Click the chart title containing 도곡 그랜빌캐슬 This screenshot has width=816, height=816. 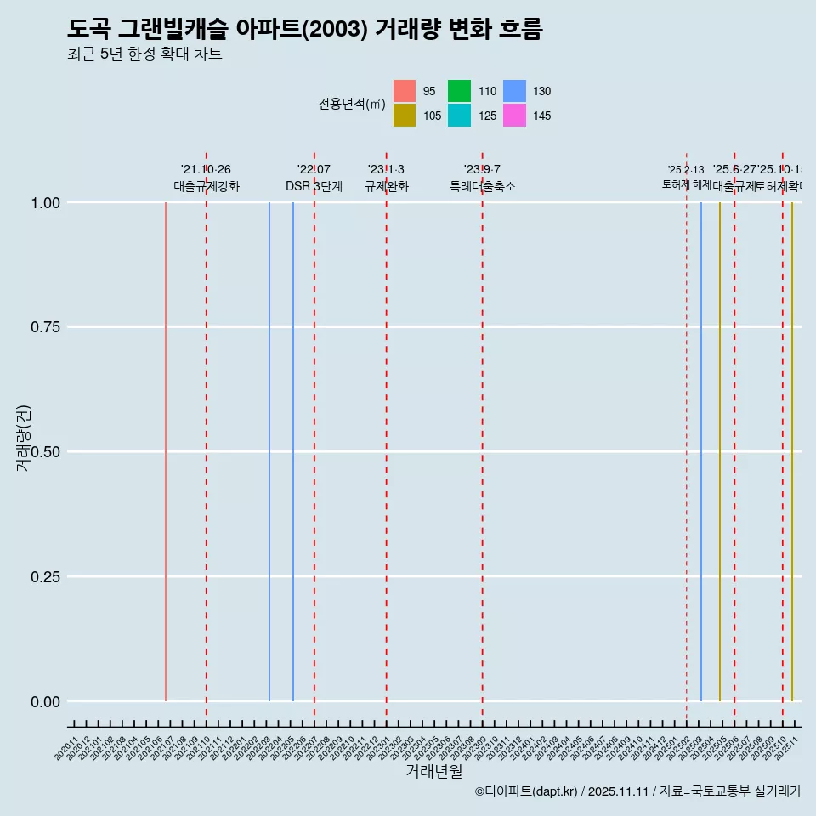pos(304,29)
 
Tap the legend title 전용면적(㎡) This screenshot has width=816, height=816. pos(352,104)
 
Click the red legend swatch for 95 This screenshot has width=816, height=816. pos(405,91)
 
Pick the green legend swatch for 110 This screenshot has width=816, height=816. pos(460,91)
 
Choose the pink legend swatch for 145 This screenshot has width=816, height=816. pos(514,116)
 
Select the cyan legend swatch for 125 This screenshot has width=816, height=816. pos(460,116)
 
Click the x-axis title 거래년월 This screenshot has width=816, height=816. pos(433,772)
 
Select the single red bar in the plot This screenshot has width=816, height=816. pos(166,450)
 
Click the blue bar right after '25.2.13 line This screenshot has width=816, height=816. pos(701,450)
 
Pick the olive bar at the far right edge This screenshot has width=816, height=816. pos(792,450)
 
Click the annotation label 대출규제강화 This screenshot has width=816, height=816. pos(207,186)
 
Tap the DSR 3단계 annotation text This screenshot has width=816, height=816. pos(314,186)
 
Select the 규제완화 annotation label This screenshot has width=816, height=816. pos(386,186)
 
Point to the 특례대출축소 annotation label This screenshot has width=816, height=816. pos(483,186)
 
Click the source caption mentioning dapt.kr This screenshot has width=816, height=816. pos(637,792)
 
